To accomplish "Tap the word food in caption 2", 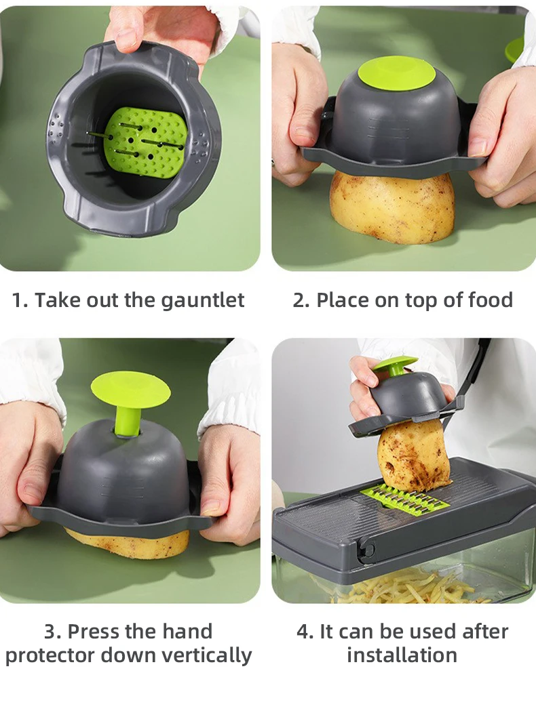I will coord(489,300).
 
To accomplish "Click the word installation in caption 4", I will coord(402,655).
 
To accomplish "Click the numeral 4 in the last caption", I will coord(303,632).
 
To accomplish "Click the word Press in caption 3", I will coord(94,632).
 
